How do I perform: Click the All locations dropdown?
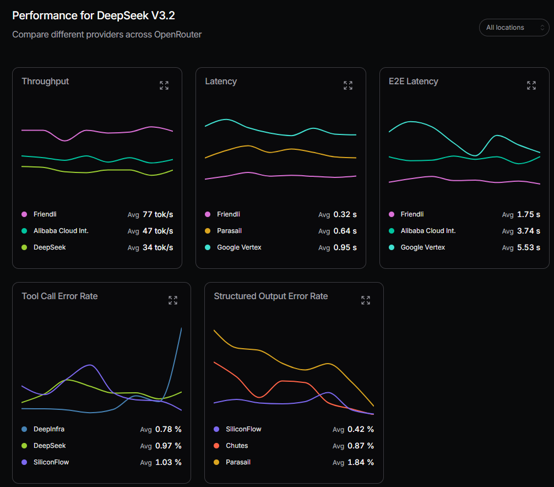[x=514, y=28]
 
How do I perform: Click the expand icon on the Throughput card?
[x=164, y=85]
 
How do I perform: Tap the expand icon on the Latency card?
[x=348, y=85]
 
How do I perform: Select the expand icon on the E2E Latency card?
[x=531, y=85]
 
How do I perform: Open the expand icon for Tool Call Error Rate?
[x=173, y=300]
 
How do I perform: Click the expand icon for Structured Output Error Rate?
[x=366, y=300]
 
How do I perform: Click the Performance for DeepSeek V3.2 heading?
[x=94, y=15]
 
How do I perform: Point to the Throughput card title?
[x=45, y=82]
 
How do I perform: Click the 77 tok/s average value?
[x=157, y=214]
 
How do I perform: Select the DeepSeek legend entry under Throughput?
[x=49, y=247]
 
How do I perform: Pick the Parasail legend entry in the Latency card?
[x=229, y=231]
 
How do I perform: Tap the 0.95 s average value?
[x=345, y=247]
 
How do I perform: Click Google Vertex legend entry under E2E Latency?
[x=422, y=247]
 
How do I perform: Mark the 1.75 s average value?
[x=528, y=214]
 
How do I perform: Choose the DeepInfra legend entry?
[x=49, y=429]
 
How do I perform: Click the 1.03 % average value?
[x=168, y=462]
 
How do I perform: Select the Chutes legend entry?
[x=237, y=446]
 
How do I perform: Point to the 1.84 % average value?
[x=360, y=462]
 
